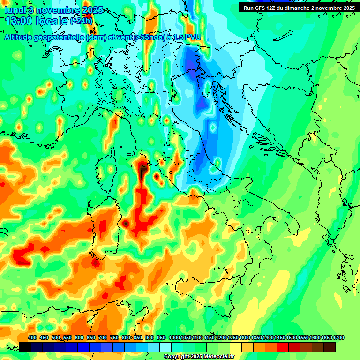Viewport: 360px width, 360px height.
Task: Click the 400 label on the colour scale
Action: coord(32,337)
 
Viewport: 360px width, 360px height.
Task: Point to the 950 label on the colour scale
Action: coord(161,337)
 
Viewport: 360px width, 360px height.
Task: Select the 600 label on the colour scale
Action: coord(79,337)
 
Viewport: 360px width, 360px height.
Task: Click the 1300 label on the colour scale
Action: coord(245,337)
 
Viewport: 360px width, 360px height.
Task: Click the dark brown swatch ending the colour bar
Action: coord(330,347)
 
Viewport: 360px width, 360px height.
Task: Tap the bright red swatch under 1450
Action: coord(283,347)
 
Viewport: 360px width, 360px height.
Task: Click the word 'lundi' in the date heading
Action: coord(14,10)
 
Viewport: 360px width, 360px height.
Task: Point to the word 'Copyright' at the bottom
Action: coord(178,357)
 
